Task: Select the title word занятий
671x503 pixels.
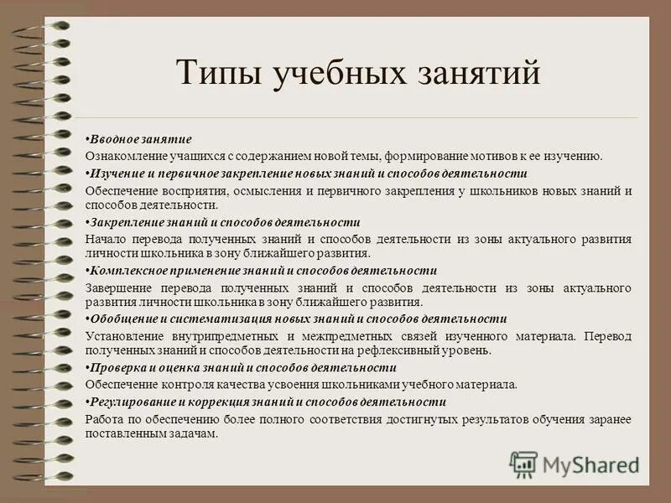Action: (x=476, y=74)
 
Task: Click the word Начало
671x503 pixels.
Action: (x=105, y=239)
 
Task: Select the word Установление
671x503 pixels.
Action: (x=122, y=336)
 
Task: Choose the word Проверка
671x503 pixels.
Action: (x=117, y=367)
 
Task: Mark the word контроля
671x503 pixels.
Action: (x=180, y=385)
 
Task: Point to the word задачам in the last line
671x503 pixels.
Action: (x=193, y=433)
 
